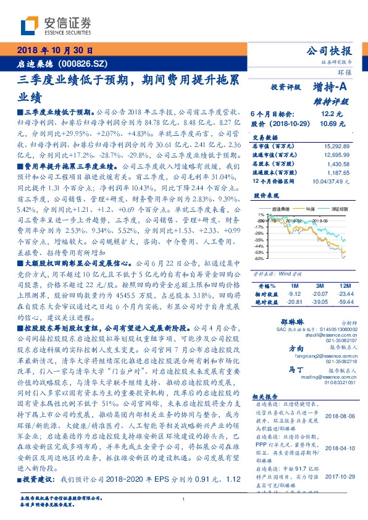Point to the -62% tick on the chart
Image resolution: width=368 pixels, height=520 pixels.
(259, 258)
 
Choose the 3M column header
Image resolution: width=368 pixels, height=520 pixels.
(319, 286)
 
